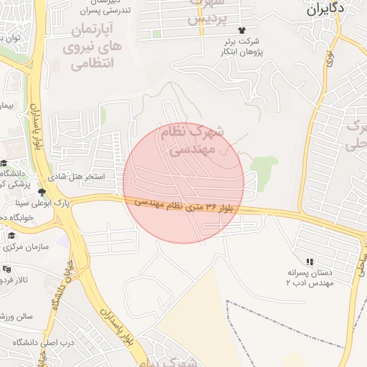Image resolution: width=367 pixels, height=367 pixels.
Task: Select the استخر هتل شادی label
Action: (76, 176)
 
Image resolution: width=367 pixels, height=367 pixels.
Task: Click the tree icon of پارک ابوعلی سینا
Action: (43, 192)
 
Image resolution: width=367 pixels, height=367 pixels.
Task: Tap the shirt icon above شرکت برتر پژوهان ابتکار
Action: (241, 30)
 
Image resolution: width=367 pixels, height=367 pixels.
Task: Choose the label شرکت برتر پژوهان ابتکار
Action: (241, 47)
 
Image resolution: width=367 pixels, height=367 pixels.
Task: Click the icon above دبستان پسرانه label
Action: (310, 262)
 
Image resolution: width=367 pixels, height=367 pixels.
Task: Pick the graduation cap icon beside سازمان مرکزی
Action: (11, 235)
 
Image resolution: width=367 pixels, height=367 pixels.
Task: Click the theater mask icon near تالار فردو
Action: (7, 269)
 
